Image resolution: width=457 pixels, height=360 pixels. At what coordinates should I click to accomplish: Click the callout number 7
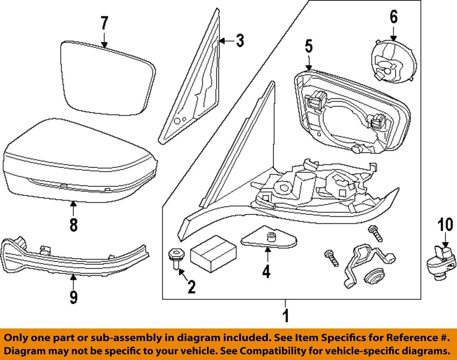click(x=105, y=23)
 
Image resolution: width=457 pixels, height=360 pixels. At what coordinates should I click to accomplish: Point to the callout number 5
click(x=308, y=47)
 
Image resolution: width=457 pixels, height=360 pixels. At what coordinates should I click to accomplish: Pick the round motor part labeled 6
click(x=392, y=62)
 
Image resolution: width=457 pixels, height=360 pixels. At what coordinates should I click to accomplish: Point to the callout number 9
click(x=73, y=297)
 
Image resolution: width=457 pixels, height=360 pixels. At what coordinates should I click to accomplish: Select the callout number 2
click(x=191, y=287)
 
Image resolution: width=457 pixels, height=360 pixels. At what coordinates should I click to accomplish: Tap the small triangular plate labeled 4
click(x=268, y=238)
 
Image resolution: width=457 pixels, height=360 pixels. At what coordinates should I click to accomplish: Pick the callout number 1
click(x=285, y=315)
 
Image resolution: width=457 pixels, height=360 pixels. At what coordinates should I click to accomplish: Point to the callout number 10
click(x=444, y=224)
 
